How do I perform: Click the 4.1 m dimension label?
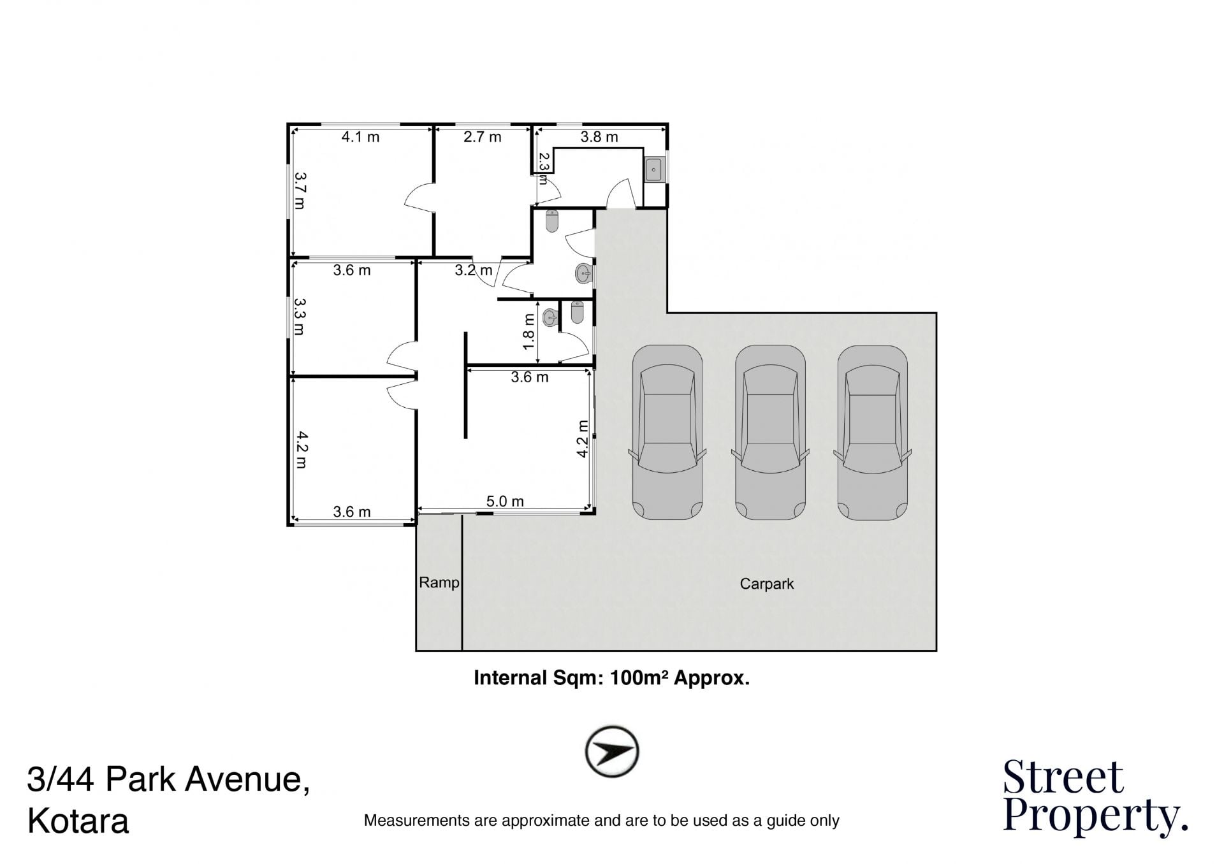(360, 137)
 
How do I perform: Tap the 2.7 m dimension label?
(482, 137)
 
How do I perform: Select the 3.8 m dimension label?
(599, 137)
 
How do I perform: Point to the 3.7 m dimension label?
(300, 191)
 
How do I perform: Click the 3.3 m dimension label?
(300, 317)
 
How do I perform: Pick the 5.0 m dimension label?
(505, 501)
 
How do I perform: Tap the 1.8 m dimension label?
(528, 331)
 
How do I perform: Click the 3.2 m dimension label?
(474, 270)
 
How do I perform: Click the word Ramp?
(439, 582)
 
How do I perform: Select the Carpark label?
(766, 584)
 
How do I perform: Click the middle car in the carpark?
(770, 433)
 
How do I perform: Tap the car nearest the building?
(667, 433)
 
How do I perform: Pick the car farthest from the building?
(872, 433)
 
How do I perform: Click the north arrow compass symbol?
(612, 751)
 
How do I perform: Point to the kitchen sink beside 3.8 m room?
(654, 169)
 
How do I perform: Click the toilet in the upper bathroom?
(552, 221)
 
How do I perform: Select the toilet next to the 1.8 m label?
(577, 312)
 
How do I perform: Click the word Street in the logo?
(1063, 777)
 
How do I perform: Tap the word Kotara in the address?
(78, 821)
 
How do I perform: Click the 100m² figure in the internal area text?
(639, 677)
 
